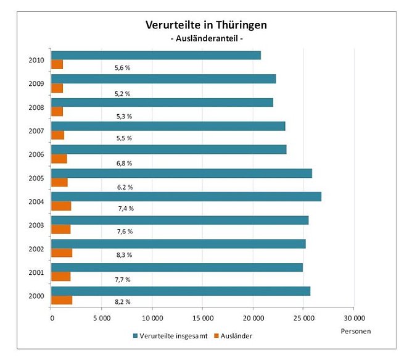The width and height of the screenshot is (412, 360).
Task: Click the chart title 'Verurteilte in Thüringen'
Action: pos(206,25)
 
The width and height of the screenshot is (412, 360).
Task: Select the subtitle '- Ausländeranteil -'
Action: pos(206,39)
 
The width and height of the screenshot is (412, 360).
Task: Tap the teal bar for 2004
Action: pos(186,196)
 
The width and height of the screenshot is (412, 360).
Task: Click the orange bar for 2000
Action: pos(62,300)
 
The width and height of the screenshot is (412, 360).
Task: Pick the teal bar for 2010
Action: pos(155,56)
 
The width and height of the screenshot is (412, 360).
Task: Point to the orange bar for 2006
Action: pos(59,159)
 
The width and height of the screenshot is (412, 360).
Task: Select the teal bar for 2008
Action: pos(162,103)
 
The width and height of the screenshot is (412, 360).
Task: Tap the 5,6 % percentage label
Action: pos(122,67)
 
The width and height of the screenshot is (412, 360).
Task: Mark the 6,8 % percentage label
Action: pos(123,164)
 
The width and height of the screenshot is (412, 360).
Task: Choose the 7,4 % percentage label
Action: pos(125,208)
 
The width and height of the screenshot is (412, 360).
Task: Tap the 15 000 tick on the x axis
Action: pos(202,319)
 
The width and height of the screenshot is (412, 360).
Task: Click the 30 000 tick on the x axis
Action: pos(353,319)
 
